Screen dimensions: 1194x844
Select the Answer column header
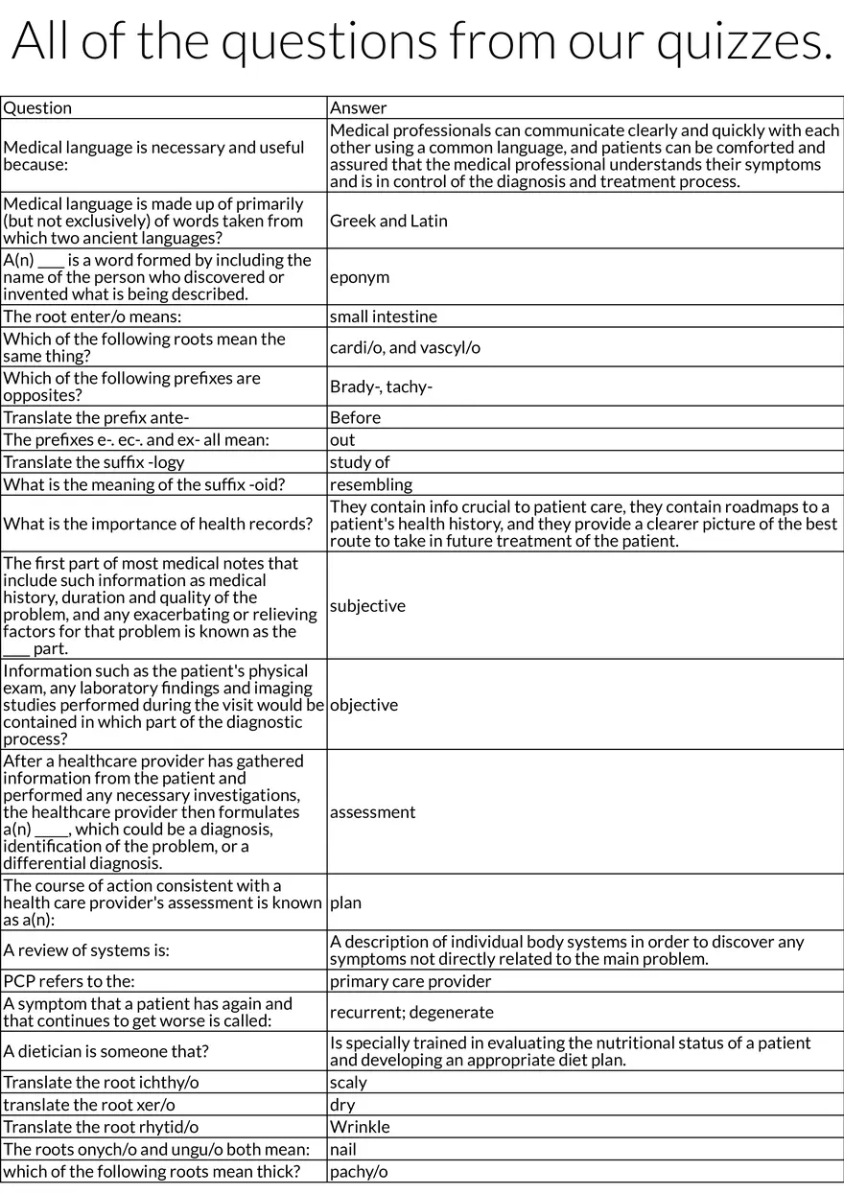pyautogui.click(x=358, y=108)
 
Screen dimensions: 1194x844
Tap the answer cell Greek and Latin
pyautogui.click(x=388, y=221)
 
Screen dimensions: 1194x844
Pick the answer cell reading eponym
pyautogui.click(x=360, y=277)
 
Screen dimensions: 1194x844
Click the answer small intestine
pyautogui.click(x=383, y=316)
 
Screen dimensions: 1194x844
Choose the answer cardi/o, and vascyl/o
pyautogui.click(x=405, y=347)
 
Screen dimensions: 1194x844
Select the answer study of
pyautogui.click(x=360, y=462)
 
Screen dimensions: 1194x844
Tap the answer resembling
pyautogui.click(x=370, y=484)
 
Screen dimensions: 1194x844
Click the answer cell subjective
pyautogui.click(x=367, y=605)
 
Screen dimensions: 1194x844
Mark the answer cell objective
pyautogui.click(x=363, y=705)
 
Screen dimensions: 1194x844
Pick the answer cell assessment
pyautogui.click(x=372, y=812)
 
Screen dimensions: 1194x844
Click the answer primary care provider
pyautogui.click(x=410, y=981)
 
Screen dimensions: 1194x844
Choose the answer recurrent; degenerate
pyautogui.click(x=411, y=1012)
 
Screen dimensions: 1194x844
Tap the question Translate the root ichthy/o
pyautogui.click(x=101, y=1082)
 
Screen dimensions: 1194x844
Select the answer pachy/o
pyautogui.click(x=359, y=1171)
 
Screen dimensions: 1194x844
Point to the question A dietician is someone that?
pyautogui.click(x=105, y=1051)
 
